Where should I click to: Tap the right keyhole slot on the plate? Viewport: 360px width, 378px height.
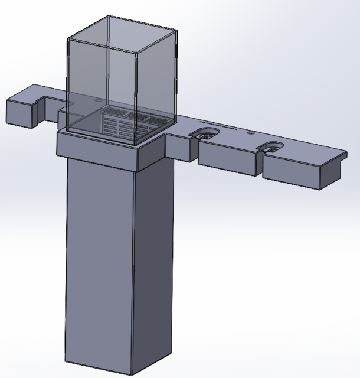tap(271, 147)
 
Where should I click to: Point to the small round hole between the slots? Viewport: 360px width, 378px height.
tap(250, 135)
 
